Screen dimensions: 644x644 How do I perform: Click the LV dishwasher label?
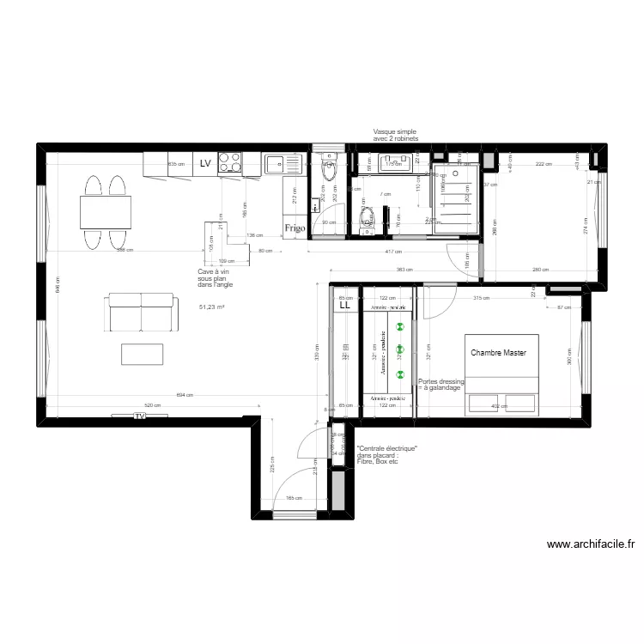205,163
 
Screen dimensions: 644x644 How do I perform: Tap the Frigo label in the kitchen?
295,228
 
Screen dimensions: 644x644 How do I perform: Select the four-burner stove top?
229,162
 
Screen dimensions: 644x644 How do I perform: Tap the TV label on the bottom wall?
139,416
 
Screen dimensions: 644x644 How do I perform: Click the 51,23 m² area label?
211,307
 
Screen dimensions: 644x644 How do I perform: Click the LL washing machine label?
345,305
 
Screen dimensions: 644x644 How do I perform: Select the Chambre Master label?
498,353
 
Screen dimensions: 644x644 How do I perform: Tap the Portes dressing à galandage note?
440,385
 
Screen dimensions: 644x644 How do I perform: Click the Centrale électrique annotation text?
386,455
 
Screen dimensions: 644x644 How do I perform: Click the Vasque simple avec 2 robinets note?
395,135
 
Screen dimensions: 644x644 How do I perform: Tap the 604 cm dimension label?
183,395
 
